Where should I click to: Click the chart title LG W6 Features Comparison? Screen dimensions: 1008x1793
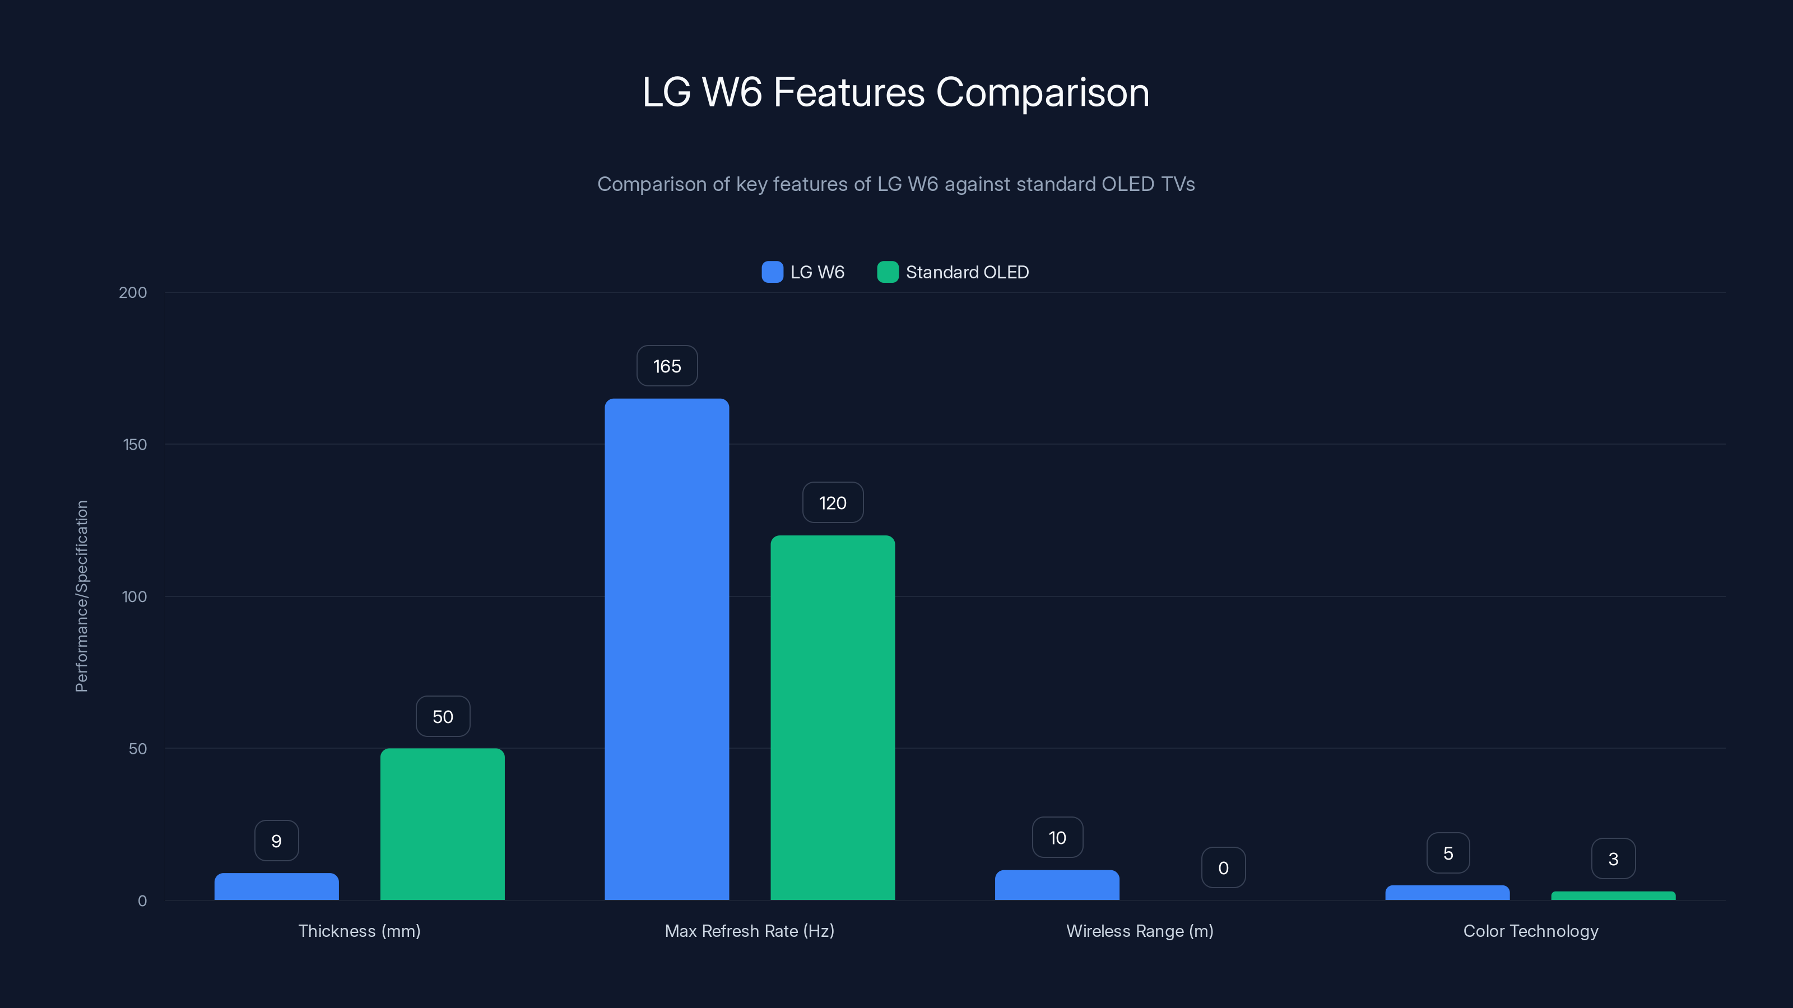pyautogui.click(x=896, y=92)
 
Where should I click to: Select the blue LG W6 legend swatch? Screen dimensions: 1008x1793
pyautogui.click(x=772, y=272)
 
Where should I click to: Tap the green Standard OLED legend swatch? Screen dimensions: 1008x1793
pyautogui.click(x=888, y=272)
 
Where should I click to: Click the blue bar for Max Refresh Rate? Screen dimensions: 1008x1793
pyautogui.click(x=666, y=649)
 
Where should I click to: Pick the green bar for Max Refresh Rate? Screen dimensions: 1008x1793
pyautogui.click(x=833, y=717)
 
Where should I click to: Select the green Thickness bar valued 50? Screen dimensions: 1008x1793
pyautogui.click(x=442, y=824)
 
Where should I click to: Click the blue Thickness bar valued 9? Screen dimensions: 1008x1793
pyautogui.click(x=276, y=887)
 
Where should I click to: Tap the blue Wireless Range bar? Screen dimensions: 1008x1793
pyautogui.click(x=1057, y=885)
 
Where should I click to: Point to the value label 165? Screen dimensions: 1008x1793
pyautogui.click(x=667, y=366)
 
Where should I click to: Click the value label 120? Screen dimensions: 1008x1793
pyautogui.click(x=833, y=503)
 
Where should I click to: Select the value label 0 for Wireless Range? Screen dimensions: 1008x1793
pyautogui.click(x=1223, y=867)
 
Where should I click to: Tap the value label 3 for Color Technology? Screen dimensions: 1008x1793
pyautogui.click(x=1613, y=859)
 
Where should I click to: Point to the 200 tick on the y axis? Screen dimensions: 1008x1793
pyautogui.click(x=133, y=292)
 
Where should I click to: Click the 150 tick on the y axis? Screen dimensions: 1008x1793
pyautogui.click(x=135, y=445)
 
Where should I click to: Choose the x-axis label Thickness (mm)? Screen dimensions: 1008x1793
pyautogui.click(x=359, y=931)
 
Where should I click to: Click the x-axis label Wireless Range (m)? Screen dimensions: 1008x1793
pyautogui.click(x=1140, y=931)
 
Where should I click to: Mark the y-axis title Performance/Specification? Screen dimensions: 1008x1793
pyautogui.click(x=81, y=596)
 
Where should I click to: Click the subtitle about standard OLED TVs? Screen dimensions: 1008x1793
pyautogui.click(x=896, y=184)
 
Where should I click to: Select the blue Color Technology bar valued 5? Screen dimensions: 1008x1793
pyautogui.click(x=1447, y=893)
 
